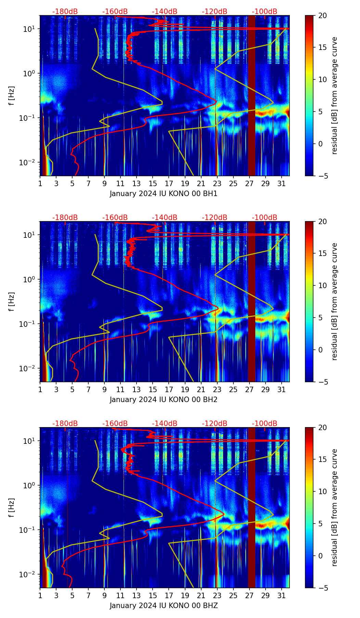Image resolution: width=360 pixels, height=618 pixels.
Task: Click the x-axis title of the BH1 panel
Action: pyautogui.click(x=164, y=194)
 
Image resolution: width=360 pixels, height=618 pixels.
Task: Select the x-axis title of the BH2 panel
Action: pyautogui.click(x=164, y=400)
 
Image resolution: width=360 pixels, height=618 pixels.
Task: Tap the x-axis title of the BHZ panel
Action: pyautogui.click(x=164, y=606)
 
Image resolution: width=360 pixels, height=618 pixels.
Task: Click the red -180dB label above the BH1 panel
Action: pyautogui.click(x=65, y=12)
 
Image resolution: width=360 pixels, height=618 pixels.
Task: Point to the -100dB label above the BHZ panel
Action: pyautogui.click(x=265, y=424)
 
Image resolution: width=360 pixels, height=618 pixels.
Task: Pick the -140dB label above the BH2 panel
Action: pyautogui.click(x=165, y=218)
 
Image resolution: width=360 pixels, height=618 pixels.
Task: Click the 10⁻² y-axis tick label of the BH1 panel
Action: pyautogui.click(x=29, y=162)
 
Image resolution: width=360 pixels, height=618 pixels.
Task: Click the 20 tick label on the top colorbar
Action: pyautogui.click(x=322, y=15)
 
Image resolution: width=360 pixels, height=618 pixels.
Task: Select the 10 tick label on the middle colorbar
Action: pyautogui.click(x=322, y=285)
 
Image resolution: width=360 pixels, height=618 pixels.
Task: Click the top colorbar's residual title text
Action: pyautogui.click(x=334, y=95)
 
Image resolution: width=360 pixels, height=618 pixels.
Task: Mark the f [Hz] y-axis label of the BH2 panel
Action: pyautogui.click(x=12, y=301)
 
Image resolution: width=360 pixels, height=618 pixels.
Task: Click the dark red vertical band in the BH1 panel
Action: pyautogui.click(x=252, y=95)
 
